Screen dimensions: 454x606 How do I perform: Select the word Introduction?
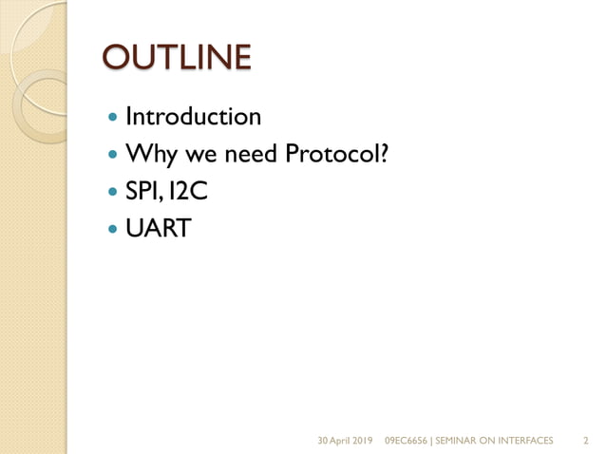coord(193,118)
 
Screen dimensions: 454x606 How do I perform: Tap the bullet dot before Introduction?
coord(114,119)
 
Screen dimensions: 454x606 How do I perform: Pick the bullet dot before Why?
coord(114,154)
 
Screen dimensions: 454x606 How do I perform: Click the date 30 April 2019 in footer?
coord(344,441)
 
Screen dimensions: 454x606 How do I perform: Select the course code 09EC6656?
coord(406,441)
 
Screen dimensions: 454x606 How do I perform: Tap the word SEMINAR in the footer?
coord(458,441)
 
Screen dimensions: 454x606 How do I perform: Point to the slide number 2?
coord(584,441)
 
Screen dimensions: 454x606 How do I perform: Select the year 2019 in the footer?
coord(362,441)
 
